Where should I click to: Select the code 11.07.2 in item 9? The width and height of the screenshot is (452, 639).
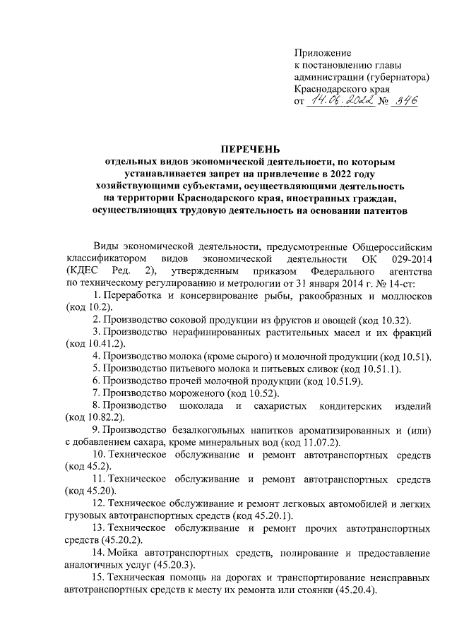(317, 442)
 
